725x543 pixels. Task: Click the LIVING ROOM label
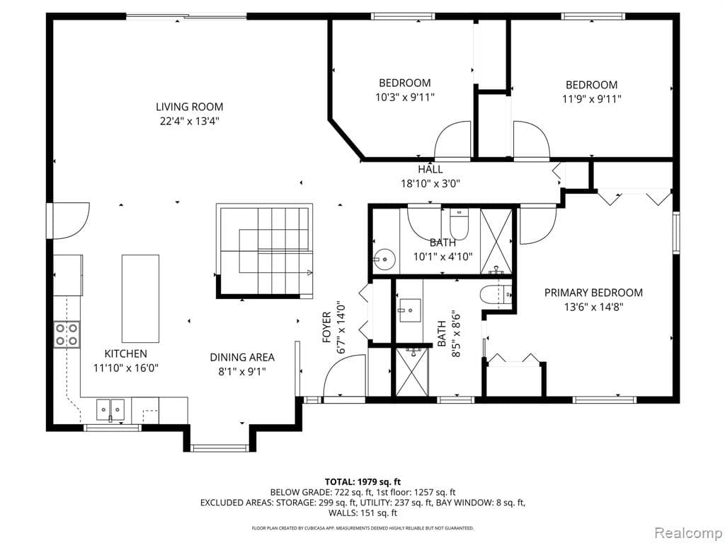tap(189, 107)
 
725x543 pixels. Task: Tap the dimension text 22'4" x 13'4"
tap(189, 121)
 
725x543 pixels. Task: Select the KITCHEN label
tap(126, 354)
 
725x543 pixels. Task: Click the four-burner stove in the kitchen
tap(66, 334)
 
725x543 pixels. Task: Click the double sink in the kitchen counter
tap(110, 408)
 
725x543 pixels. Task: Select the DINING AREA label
tap(242, 357)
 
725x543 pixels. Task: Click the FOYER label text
tap(327, 327)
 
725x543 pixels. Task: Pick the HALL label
tap(430, 169)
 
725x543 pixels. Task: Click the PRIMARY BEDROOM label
tap(593, 293)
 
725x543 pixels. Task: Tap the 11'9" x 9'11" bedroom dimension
tap(591, 99)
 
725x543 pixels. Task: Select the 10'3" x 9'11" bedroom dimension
tap(404, 97)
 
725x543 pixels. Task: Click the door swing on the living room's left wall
tap(69, 221)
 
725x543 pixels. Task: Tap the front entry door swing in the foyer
tap(343, 376)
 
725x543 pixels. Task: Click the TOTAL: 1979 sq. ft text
tap(362, 481)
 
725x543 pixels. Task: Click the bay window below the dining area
tap(219, 447)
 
